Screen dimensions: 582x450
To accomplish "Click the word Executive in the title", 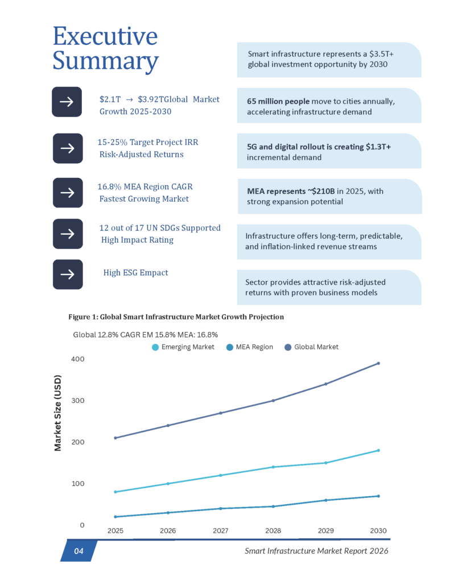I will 105,36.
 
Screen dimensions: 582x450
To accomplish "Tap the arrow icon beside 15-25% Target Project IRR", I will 67,148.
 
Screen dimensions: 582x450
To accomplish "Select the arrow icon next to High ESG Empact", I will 67,275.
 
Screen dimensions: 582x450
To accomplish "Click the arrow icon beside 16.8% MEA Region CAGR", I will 67,192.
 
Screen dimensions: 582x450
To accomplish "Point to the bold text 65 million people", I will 277,101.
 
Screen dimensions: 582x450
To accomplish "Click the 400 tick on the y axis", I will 78,359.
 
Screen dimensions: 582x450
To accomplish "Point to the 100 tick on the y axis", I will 78,484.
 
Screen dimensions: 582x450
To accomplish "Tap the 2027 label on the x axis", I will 220,530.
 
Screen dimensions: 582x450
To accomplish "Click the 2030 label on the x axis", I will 378,530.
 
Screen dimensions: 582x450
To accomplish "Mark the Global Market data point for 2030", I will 378,363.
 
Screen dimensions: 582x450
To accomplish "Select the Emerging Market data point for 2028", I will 273,467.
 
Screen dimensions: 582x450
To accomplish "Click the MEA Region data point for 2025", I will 115,517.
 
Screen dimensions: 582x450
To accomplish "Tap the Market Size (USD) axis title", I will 58,412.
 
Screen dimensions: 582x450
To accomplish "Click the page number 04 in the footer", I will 79,551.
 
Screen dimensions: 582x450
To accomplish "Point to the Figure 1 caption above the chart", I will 176,317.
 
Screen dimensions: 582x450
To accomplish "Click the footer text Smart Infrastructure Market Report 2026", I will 317,551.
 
